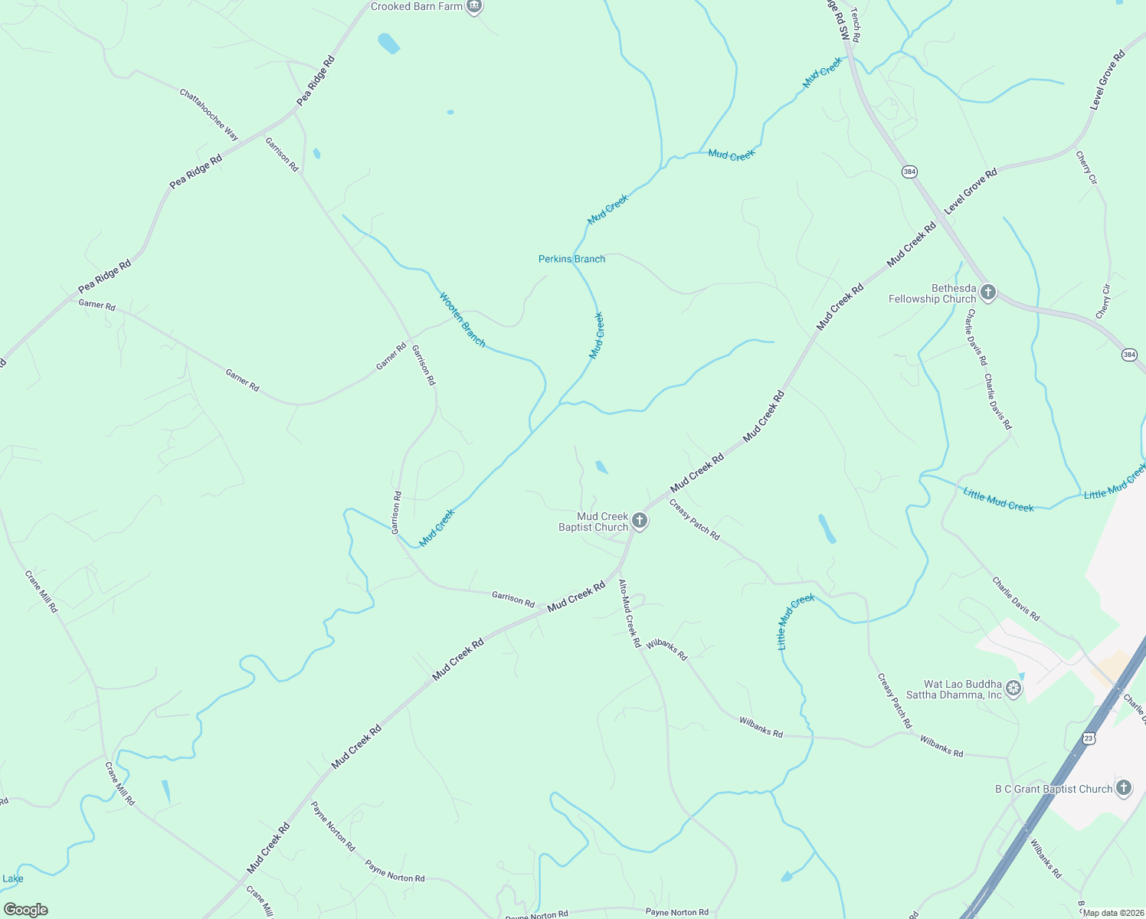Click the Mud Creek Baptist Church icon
[640, 522]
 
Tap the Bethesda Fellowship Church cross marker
[988, 293]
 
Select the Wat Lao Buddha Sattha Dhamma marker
[1013, 689]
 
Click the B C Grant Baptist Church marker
[1123, 788]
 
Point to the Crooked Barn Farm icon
[474, 7]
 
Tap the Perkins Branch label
[571, 259]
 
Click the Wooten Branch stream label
[462, 319]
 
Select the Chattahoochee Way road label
[209, 115]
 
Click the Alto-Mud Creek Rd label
[629, 613]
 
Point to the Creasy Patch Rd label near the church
[694, 520]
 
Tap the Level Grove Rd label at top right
[1107, 80]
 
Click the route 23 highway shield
[1089, 737]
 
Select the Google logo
[25, 910]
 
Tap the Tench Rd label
[855, 31]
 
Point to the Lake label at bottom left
[12, 878]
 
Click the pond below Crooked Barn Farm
[388, 44]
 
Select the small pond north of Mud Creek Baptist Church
[602, 467]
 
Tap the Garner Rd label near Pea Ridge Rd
[97, 305]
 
